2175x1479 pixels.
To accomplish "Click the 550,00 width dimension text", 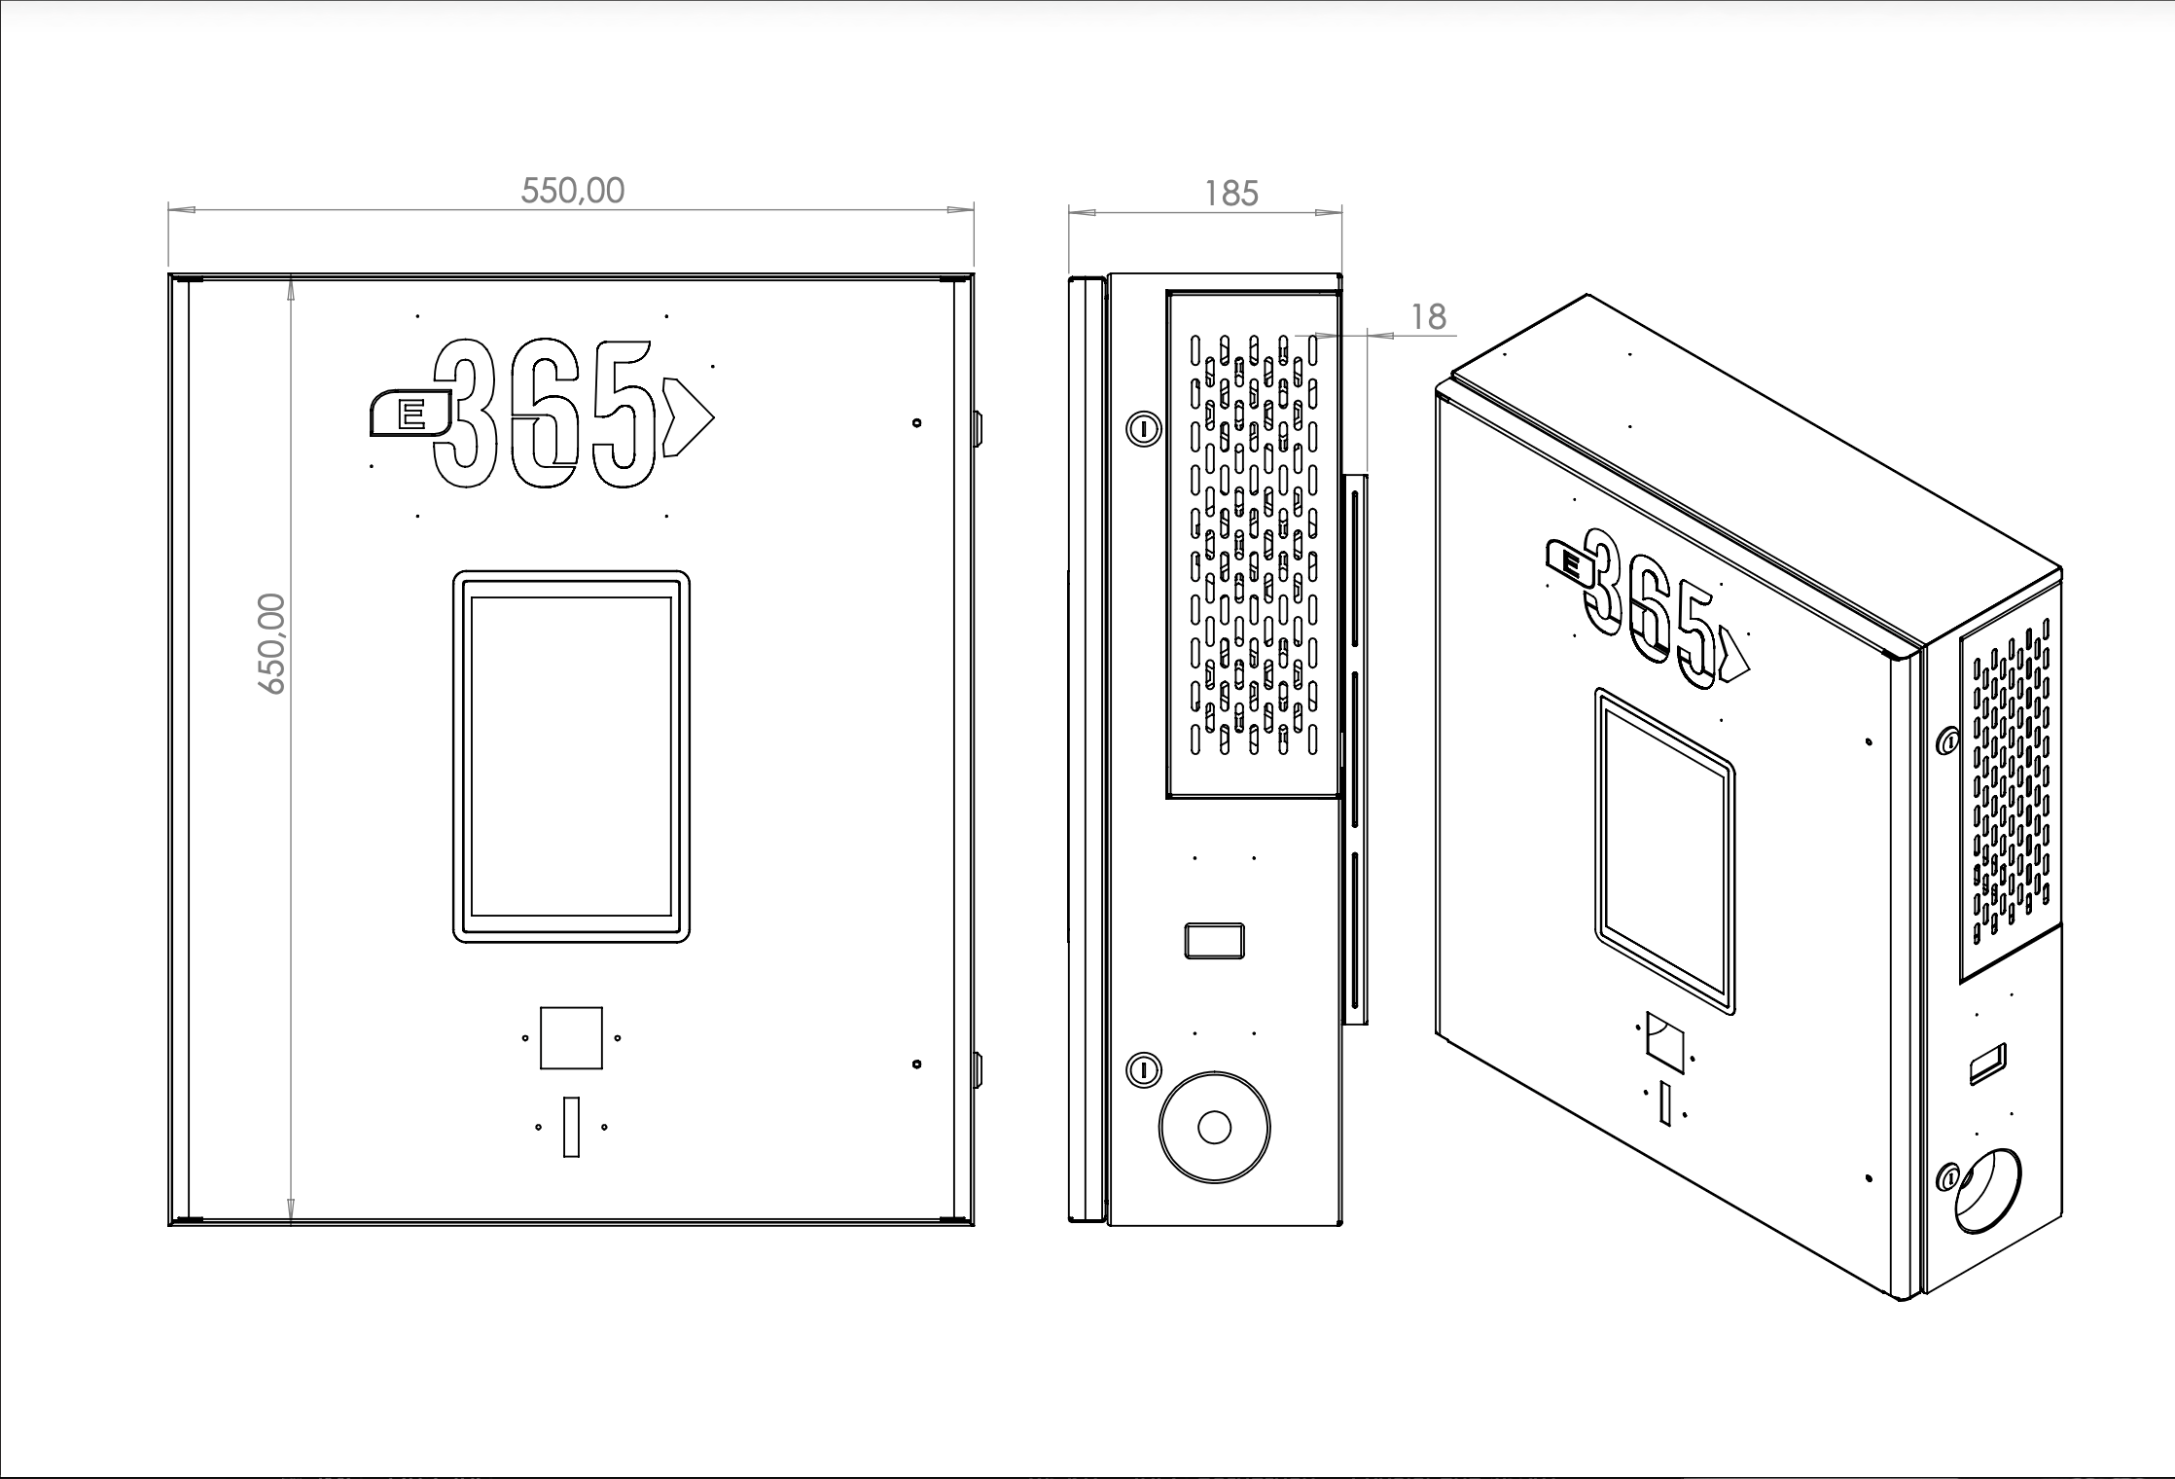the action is pos(572,191).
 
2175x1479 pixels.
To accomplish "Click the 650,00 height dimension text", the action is pos(271,643).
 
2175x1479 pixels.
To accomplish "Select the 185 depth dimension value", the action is pos(1231,194).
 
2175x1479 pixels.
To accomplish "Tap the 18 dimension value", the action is pos(1428,317).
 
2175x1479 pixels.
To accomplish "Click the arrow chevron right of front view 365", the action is pos(688,417).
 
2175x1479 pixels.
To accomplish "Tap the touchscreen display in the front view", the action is pos(571,757).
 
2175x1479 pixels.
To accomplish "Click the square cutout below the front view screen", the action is pos(571,1037).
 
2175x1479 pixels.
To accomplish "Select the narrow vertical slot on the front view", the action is pos(571,1127).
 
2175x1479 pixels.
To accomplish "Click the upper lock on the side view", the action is pos(1145,428).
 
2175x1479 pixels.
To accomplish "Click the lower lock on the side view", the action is pos(1145,1070).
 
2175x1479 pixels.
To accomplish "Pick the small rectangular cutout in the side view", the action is pos(1214,941).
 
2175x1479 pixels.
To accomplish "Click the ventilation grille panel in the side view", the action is pos(1253,545).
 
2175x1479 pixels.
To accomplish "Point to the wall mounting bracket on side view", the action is pos(1355,750).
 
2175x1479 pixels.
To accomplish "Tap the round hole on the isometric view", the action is pos(1987,1191).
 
